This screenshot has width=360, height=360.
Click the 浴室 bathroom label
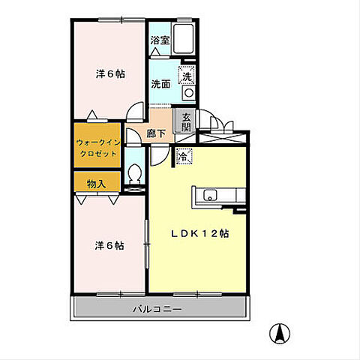point(160,40)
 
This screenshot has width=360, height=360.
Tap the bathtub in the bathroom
point(184,39)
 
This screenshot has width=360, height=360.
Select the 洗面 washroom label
point(160,84)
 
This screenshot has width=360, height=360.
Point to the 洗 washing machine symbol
point(187,75)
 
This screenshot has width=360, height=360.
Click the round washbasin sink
point(189,93)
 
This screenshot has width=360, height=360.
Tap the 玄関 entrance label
point(187,121)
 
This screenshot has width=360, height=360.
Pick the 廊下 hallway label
point(156,133)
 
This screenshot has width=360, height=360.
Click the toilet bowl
point(135,173)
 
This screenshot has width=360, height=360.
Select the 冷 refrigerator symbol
point(184,157)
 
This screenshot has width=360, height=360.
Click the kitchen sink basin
point(210,195)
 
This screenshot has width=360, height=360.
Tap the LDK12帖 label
point(200,234)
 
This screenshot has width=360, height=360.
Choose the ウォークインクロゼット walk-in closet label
point(97,148)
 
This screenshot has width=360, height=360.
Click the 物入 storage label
point(97,184)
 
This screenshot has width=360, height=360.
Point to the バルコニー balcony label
point(157,310)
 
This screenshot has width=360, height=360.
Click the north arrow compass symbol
point(280,333)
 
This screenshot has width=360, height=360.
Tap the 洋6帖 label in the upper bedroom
point(110,74)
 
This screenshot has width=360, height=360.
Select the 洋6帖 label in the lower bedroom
point(109,246)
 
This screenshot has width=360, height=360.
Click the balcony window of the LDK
point(197,294)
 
